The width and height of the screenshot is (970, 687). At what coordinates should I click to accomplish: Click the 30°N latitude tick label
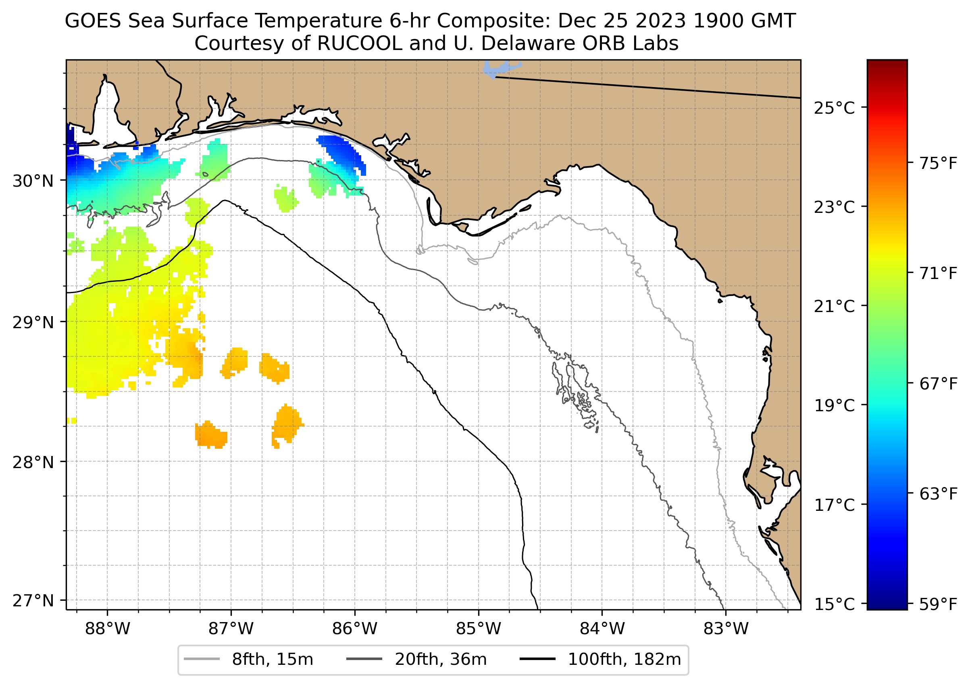coord(33,181)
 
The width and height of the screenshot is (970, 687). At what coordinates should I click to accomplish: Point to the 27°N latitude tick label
coord(33,601)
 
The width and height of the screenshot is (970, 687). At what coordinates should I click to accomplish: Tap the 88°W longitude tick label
coord(108,629)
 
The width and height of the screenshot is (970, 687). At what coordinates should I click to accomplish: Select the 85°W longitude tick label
coord(479,629)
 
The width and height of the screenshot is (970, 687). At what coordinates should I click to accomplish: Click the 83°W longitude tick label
coord(726,629)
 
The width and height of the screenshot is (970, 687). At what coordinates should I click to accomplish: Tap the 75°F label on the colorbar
coord(938,163)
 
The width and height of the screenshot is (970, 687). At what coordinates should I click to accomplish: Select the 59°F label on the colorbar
coord(938,604)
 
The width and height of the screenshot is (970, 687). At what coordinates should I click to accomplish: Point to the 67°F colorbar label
coord(938,384)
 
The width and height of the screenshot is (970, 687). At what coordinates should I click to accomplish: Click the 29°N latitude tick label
coord(33,323)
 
